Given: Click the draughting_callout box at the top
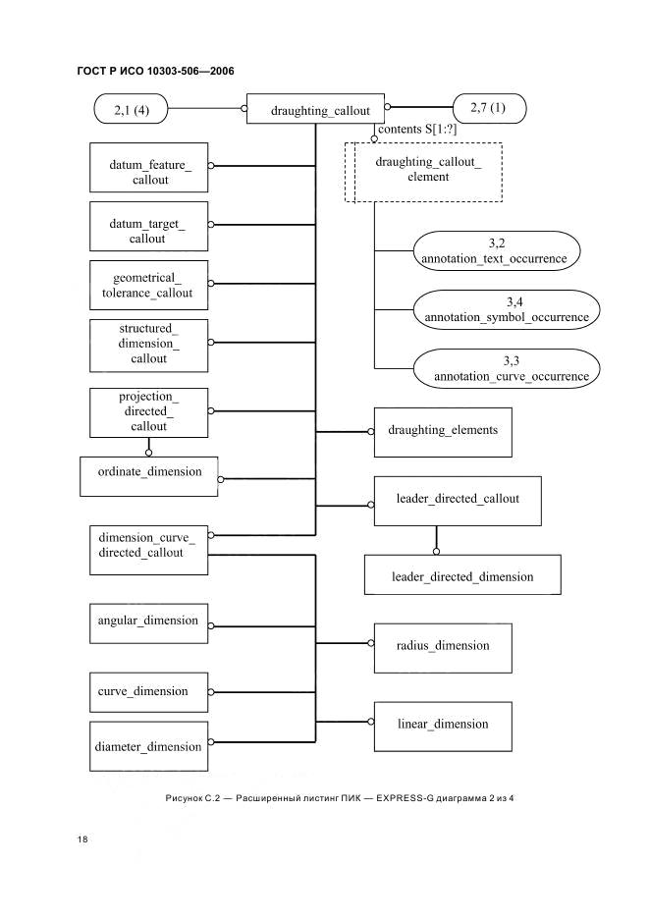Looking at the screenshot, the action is [x=315, y=109].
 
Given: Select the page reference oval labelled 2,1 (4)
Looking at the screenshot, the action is [x=131, y=110].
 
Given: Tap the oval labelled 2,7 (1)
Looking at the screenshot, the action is [x=490, y=108].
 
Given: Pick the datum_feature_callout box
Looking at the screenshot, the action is [x=149, y=167].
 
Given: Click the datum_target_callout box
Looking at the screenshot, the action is [x=149, y=226].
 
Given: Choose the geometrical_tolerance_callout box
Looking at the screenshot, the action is [x=149, y=285].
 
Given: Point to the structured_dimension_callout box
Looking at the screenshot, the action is [x=149, y=346].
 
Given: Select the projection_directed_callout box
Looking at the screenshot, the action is [x=149, y=412].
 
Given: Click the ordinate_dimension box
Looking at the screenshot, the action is [x=149, y=476].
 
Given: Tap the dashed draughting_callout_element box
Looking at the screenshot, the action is [x=423, y=173].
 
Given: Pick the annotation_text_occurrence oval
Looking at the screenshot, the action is [x=497, y=250].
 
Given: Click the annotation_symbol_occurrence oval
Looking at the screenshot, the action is [x=507, y=309].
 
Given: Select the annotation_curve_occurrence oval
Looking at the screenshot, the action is [x=507, y=368].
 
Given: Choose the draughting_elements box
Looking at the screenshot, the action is [x=443, y=433].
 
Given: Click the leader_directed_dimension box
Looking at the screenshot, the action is [x=462, y=575].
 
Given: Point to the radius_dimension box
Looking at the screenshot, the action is [x=443, y=648].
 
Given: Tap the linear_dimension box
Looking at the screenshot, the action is [x=443, y=727].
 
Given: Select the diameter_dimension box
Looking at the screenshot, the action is [x=149, y=746].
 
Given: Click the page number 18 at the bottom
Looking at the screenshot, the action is [x=82, y=839].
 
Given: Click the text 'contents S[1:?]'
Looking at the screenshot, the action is [x=417, y=130].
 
